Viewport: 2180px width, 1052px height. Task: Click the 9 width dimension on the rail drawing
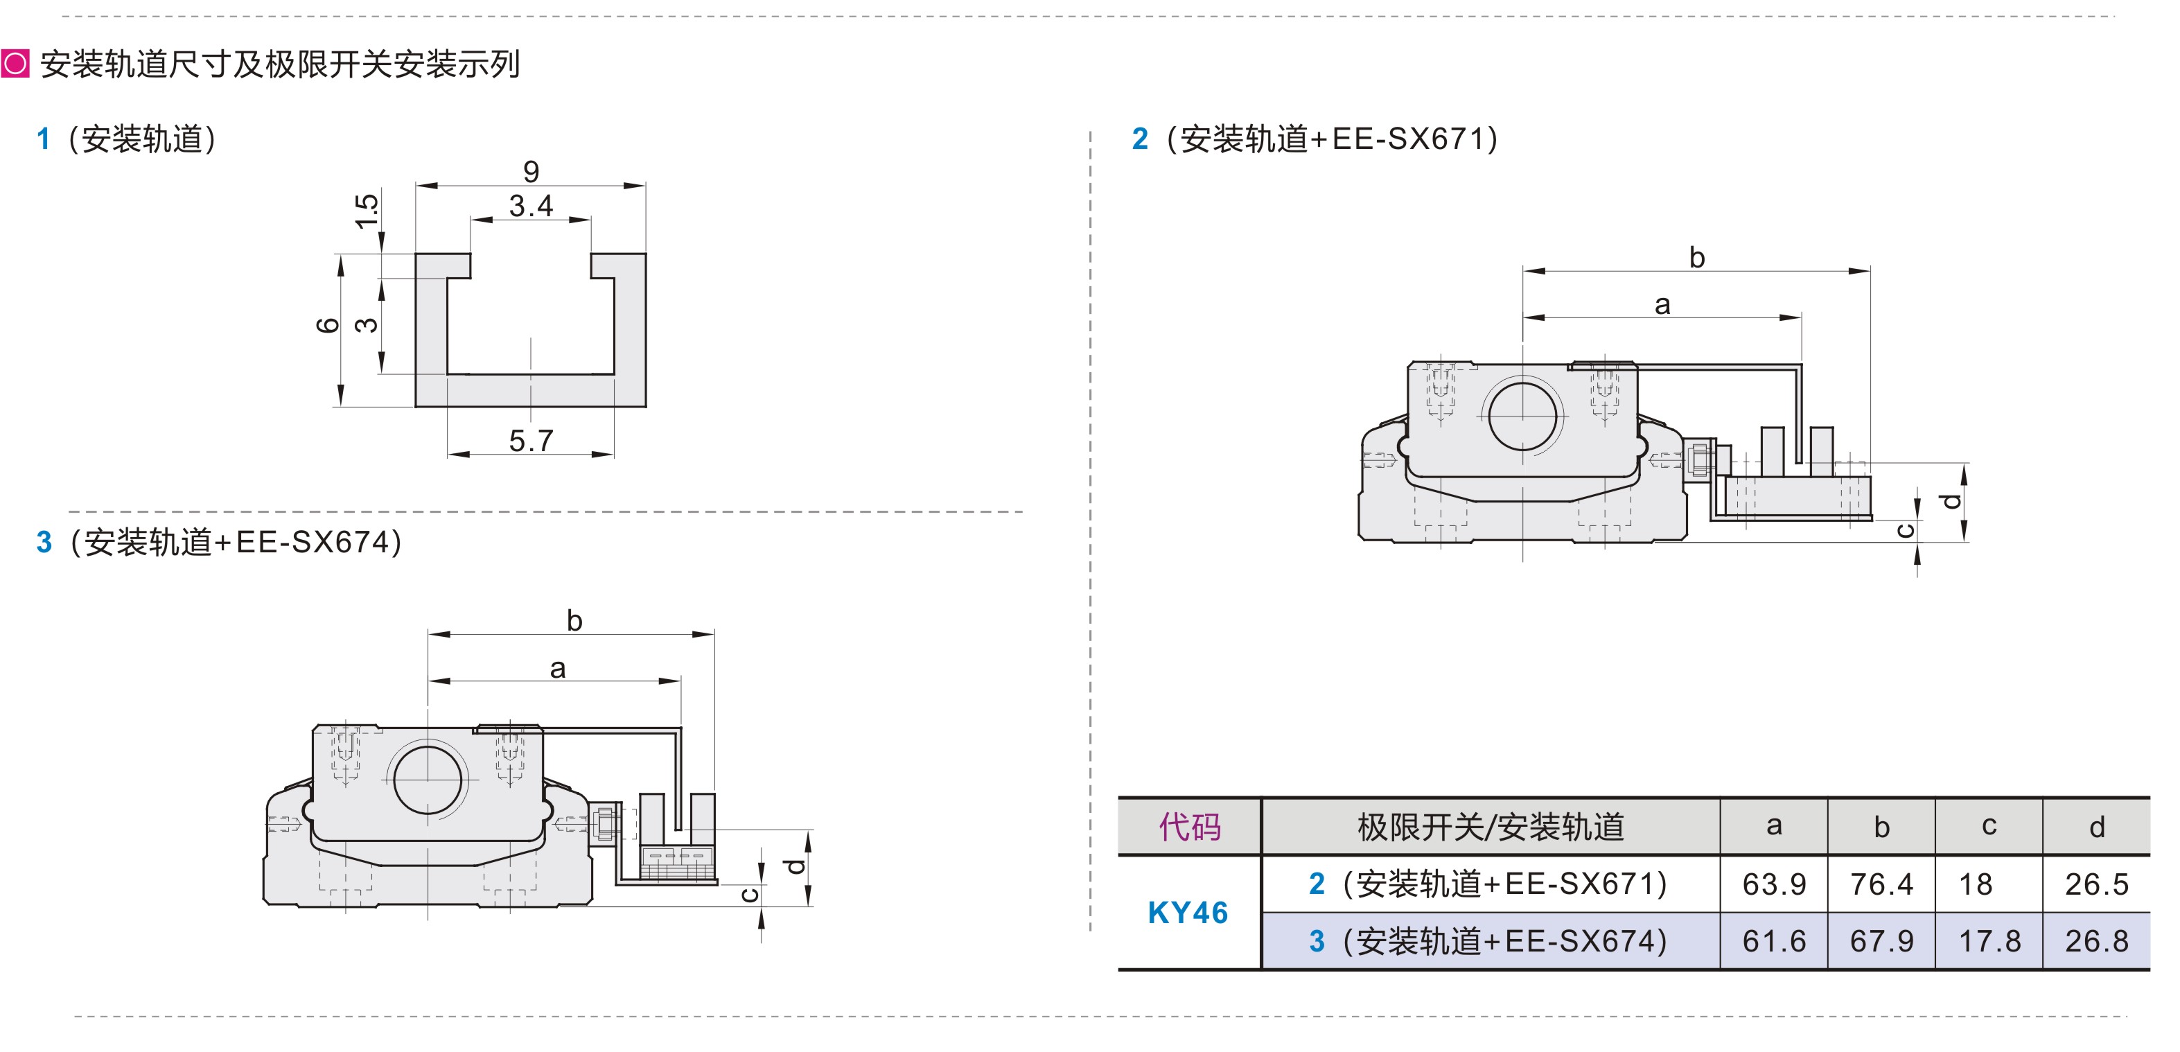click(x=531, y=172)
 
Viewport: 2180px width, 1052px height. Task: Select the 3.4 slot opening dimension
click(x=531, y=206)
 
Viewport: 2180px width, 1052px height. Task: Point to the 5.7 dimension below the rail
click(x=531, y=440)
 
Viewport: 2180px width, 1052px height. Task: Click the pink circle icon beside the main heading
click(x=15, y=64)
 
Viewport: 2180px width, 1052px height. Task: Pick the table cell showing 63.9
click(x=1773, y=884)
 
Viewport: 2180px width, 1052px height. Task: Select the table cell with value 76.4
click(x=1881, y=884)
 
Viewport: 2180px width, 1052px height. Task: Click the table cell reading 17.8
click(x=1989, y=941)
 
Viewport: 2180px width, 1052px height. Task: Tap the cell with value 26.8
click(x=2096, y=941)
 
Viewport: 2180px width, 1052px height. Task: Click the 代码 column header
click(x=1189, y=827)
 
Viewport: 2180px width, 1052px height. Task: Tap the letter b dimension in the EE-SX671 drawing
click(x=1696, y=257)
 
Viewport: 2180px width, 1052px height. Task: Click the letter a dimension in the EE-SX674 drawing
click(x=557, y=669)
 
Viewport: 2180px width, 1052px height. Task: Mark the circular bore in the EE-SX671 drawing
click(x=1522, y=417)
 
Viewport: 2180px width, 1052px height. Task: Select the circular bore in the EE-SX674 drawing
click(x=428, y=779)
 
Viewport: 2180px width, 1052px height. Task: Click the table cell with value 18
click(x=1976, y=884)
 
